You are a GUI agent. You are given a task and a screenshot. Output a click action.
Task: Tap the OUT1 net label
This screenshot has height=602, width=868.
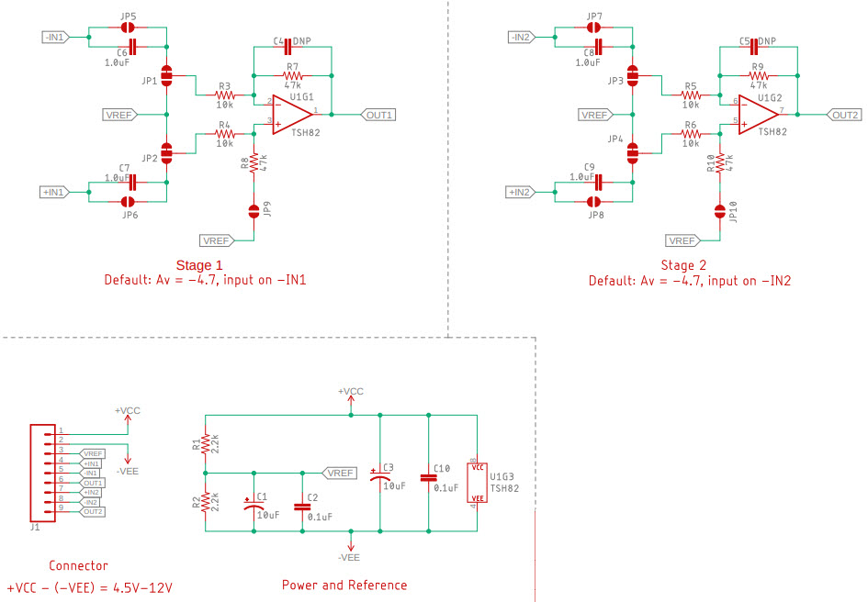coord(378,115)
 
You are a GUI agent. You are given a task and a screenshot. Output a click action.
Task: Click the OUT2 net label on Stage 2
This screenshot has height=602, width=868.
coord(844,115)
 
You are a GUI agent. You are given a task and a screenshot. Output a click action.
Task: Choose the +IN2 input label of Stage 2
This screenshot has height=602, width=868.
coord(519,192)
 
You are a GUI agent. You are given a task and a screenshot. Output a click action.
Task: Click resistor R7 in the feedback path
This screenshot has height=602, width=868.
coord(292,75)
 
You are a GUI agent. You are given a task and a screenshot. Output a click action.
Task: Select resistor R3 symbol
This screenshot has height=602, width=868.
coord(224,95)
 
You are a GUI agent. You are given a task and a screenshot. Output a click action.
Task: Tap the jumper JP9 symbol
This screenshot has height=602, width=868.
coord(254,212)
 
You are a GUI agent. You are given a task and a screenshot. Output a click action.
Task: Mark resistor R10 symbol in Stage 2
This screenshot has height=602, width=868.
coord(720,163)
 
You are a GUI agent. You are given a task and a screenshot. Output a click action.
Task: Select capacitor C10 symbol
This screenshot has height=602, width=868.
coord(427,477)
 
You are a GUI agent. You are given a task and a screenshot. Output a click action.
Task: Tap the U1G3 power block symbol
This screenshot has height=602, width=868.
coord(477,483)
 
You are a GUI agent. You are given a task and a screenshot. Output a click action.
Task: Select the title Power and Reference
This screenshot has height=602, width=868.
coord(344,585)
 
